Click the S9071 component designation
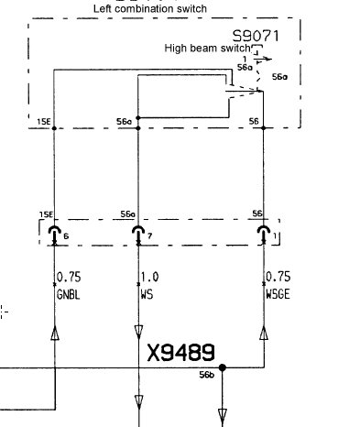pos(256,36)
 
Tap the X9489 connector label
pos(181,353)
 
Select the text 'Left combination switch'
pos(150,8)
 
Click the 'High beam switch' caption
pos(207,49)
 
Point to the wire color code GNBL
pos(69,295)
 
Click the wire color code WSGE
pos(278,294)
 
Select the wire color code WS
pos(147,295)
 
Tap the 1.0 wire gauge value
pos(149,277)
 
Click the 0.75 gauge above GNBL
pos(69,277)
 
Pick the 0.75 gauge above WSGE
pos(278,277)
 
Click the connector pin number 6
pos(66,236)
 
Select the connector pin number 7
pos(149,235)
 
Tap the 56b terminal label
pos(207,375)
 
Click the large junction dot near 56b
pos(223,367)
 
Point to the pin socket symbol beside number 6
pos(55,235)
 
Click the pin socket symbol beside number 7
pos(138,235)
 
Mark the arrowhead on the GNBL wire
pos(55,333)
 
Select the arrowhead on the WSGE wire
pos(264,333)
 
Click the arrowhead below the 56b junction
pos(223,416)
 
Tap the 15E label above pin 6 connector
pos(46,214)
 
